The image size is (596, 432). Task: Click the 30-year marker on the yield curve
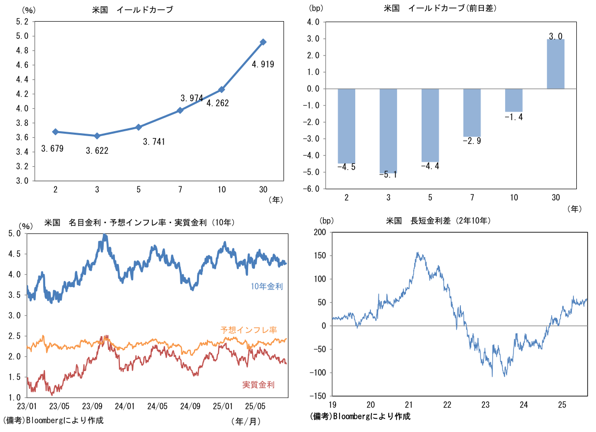pyautogui.click(x=263, y=42)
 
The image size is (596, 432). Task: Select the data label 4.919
pyautogui.click(x=263, y=64)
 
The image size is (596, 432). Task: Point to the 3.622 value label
pyautogui.click(x=97, y=151)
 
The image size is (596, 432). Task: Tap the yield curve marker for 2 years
pyautogui.click(x=55, y=132)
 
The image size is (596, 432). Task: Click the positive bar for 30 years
pyautogui.click(x=556, y=64)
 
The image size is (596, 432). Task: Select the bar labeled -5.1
pyautogui.click(x=388, y=131)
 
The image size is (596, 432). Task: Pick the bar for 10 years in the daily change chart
pyautogui.click(x=514, y=100)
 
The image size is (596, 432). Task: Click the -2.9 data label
pyautogui.click(x=472, y=141)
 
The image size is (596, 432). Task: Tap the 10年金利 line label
pyautogui.click(x=267, y=287)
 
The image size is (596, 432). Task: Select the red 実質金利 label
pyautogui.click(x=258, y=384)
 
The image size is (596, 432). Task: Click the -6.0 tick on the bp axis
pyautogui.click(x=313, y=189)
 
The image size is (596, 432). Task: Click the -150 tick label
pyautogui.click(x=317, y=396)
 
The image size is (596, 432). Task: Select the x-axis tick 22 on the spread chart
pyautogui.click(x=447, y=404)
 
